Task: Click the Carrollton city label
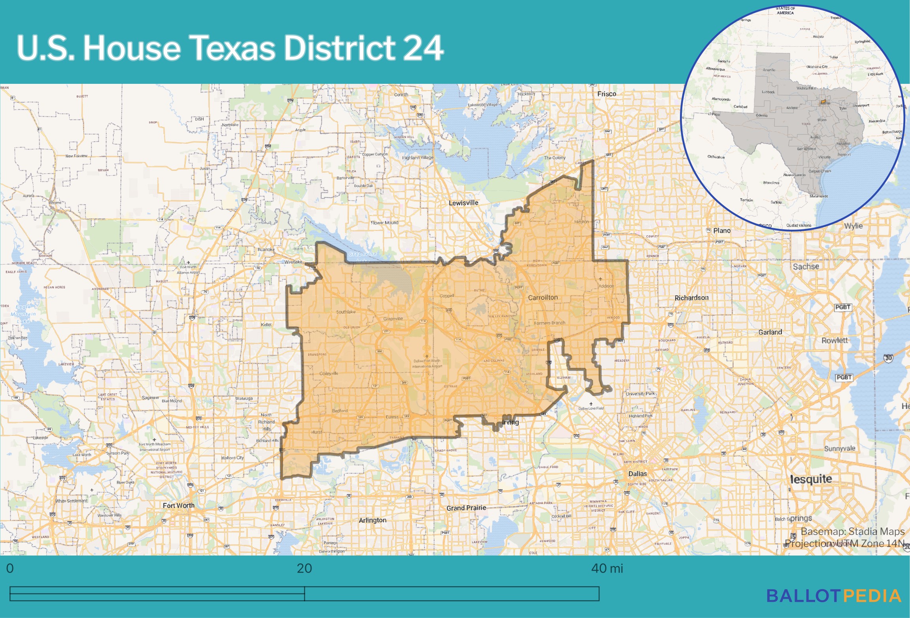(x=543, y=297)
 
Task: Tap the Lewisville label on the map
(x=463, y=203)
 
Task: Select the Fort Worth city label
(x=178, y=505)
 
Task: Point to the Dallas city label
(x=637, y=474)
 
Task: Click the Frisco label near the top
(x=606, y=94)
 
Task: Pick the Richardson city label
(x=691, y=298)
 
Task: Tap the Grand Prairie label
(x=466, y=508)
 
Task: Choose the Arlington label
(x=372, y=520)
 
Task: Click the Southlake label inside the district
(x=345, y=312)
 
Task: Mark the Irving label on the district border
(x=510, y=422)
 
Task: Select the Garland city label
(x=770, y=332)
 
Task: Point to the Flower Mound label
(x=384, y=223)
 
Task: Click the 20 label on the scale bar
(x=304, y=568)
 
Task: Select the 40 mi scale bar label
(x=606, y=568)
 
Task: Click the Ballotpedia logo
(x=833, y=596)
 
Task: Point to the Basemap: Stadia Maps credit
(x=852, y=531)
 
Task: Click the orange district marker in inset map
(x=823, y=102)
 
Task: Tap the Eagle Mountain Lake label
(x=23, y=314)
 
